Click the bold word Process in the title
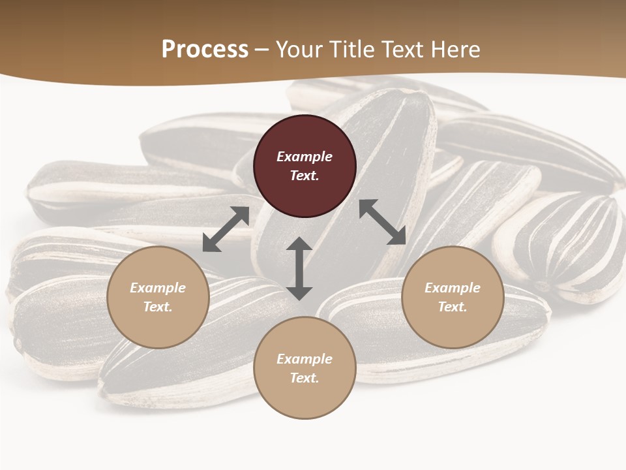205,50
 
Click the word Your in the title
301,50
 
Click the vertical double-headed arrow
299,269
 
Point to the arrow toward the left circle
226,229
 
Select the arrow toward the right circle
382,222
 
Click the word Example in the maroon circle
305,157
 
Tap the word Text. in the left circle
158,307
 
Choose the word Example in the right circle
453,288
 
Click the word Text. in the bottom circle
305,378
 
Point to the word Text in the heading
404,50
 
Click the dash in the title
261,50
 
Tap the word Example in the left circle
158,288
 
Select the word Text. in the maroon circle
305,176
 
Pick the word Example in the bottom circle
305,359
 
